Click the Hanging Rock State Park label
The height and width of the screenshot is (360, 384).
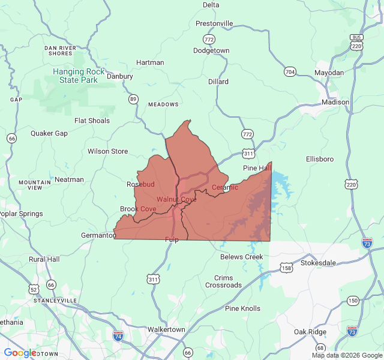click(74, 76)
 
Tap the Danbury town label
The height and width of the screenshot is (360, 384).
click(119, 76)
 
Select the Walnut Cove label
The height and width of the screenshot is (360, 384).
click(176, 199)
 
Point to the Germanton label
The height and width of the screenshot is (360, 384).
click(98, 235)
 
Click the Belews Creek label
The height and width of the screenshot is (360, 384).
click(241, 257)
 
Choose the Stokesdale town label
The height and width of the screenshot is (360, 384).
click(318, 263)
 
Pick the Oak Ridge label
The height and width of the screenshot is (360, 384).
click(310, 332)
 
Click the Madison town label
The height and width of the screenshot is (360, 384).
click(335, 102)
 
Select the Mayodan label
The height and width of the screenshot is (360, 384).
click(329, 73)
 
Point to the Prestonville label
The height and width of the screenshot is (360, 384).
click(214, 23)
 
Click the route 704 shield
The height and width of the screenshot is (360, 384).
click(290, 72)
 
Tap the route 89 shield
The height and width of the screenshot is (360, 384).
click(133, 99)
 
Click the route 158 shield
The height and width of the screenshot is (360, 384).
click(287, 268)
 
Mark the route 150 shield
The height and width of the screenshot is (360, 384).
click(352, 301)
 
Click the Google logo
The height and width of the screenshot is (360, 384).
click(20, 353)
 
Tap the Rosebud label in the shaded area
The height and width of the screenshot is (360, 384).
click(141, 184)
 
